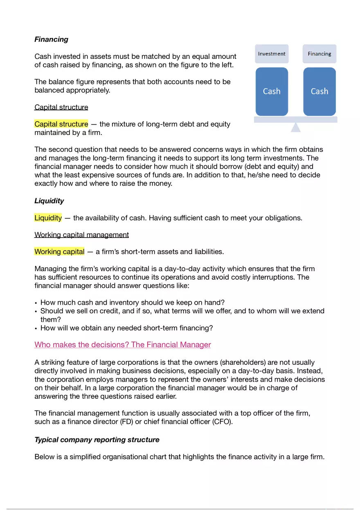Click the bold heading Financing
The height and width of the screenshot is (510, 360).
coord(51,39)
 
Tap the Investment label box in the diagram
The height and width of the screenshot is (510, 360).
coord(272,54)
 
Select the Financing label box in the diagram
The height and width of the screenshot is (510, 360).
coord(319,54)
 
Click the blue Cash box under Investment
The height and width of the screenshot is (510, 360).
coord(272,91)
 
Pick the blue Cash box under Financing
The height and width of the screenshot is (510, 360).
coord(319,91)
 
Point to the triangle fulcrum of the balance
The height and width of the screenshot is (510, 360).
coord(296,128)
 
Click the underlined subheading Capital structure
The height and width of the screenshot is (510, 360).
coord(61,107)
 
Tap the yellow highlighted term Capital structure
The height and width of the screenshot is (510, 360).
coord(61,124)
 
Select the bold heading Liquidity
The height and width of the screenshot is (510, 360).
coord(49,201)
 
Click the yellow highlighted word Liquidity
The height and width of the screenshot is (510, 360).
coord(48,218)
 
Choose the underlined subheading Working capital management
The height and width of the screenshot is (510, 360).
coord(81,235)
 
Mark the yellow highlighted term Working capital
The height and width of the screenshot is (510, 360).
coord(59,252)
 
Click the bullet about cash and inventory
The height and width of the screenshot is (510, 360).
coord(133,303)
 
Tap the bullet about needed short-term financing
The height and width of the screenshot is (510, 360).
coord(127,328)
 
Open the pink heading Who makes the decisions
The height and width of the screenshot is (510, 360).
coord(123,345)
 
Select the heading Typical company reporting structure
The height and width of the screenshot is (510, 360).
coord(97,440)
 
